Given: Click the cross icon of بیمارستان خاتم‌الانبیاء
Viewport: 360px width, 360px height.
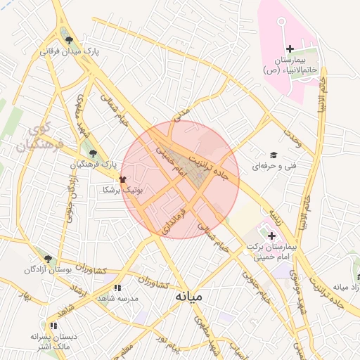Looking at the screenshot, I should pos(290,48).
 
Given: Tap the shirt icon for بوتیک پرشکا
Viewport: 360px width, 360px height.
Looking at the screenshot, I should pos(123,179).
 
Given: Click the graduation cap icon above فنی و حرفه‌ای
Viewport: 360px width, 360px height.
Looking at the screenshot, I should pos(273,155).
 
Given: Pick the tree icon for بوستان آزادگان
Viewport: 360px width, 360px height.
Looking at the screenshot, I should pos(48,259).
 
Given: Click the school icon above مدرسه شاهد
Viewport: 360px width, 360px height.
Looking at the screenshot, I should pos(117,287).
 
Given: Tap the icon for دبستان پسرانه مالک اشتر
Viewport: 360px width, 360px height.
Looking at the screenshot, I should pos(53,326).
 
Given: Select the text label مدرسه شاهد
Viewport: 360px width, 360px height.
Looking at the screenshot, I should pos(118,298).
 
